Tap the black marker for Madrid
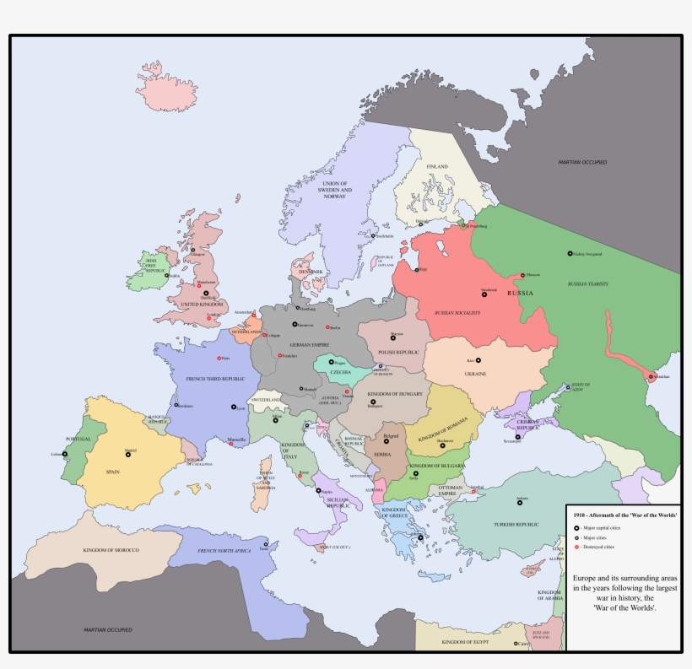pos(128,454)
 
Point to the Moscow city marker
pos(520,275)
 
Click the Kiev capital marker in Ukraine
pos(478,360)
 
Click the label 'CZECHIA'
pos(340,372)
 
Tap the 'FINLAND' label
pos(436,167)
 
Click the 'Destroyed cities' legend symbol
pos(576,547)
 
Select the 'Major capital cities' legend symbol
pos(576,526)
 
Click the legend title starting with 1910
pos(626,514)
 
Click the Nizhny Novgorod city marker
pos(570,253)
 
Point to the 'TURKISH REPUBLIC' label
pos(522,524)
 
